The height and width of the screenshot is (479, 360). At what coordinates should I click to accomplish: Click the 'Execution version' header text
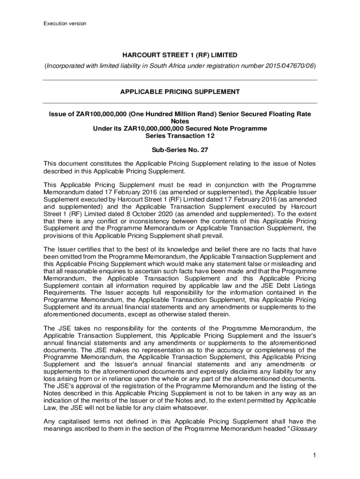[x=65, y=23]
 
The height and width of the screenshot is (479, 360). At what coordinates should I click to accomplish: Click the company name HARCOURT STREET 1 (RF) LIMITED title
[x=180, y=55]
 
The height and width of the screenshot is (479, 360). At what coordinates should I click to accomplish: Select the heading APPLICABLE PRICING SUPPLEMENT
[x=180, y=92]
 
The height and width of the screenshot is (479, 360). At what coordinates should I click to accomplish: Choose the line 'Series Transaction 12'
[x=180, y=136]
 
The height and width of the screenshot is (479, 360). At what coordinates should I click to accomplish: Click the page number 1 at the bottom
[x=315, y=456]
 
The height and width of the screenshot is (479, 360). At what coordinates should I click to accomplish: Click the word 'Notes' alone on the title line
[x=180, y=121]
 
